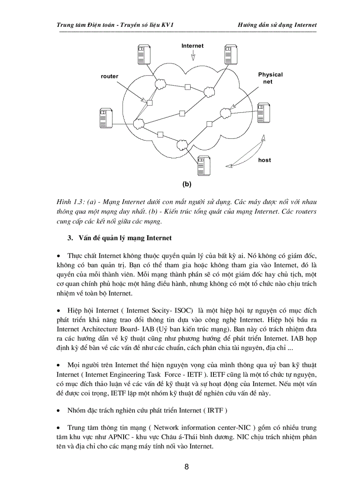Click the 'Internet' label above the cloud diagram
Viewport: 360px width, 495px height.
pos(193,46)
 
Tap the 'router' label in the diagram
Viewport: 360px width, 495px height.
pos(109,76)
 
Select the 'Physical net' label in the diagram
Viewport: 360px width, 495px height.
pos(270,78)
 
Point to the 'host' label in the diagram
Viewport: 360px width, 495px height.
pos(265,160)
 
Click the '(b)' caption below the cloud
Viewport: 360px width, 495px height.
pos(187,183)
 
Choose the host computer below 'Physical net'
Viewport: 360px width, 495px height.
pos(263,113)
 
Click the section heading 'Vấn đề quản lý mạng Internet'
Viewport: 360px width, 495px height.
pos(124,238)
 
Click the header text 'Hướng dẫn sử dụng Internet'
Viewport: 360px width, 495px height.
pos(277,25)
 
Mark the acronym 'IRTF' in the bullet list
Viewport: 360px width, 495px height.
pos(215,410)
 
